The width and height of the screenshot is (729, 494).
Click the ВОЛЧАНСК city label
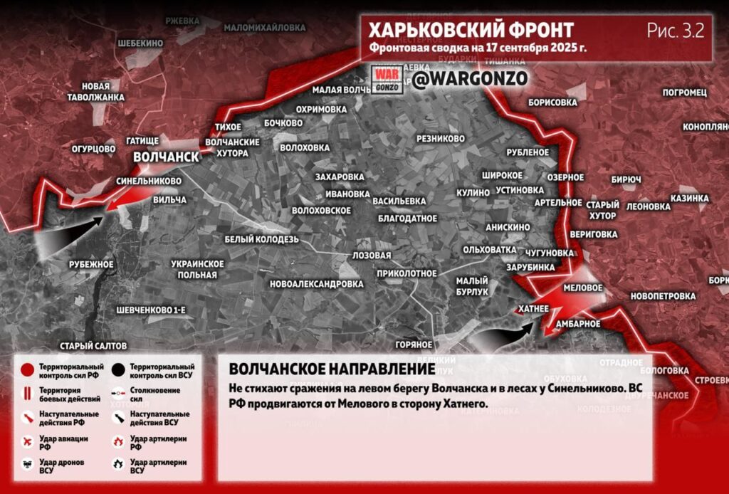[164, 157]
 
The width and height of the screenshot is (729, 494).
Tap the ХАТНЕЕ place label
[533, 308]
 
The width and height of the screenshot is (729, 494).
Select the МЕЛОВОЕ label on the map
[582, 288]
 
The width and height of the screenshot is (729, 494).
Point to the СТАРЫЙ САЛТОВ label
[93, 345]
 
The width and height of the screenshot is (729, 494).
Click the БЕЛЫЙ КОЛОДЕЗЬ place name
[261, 239]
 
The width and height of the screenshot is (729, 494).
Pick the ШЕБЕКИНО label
[140, 43]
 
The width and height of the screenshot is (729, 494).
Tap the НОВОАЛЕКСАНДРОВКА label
[317, 283]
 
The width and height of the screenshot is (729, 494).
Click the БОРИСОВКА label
[552, 103]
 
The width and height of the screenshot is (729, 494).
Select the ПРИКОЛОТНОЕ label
[407, 273]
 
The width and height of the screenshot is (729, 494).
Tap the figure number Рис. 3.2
[675, 31]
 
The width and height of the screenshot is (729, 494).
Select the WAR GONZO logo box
[387, 79]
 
